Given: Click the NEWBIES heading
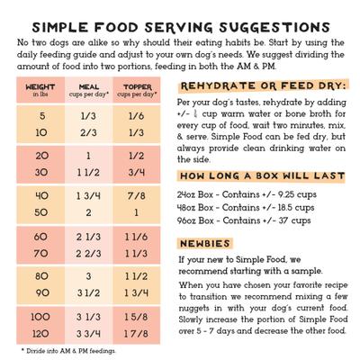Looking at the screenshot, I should click(208, 243).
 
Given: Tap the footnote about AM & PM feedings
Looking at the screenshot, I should click(72, 349).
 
